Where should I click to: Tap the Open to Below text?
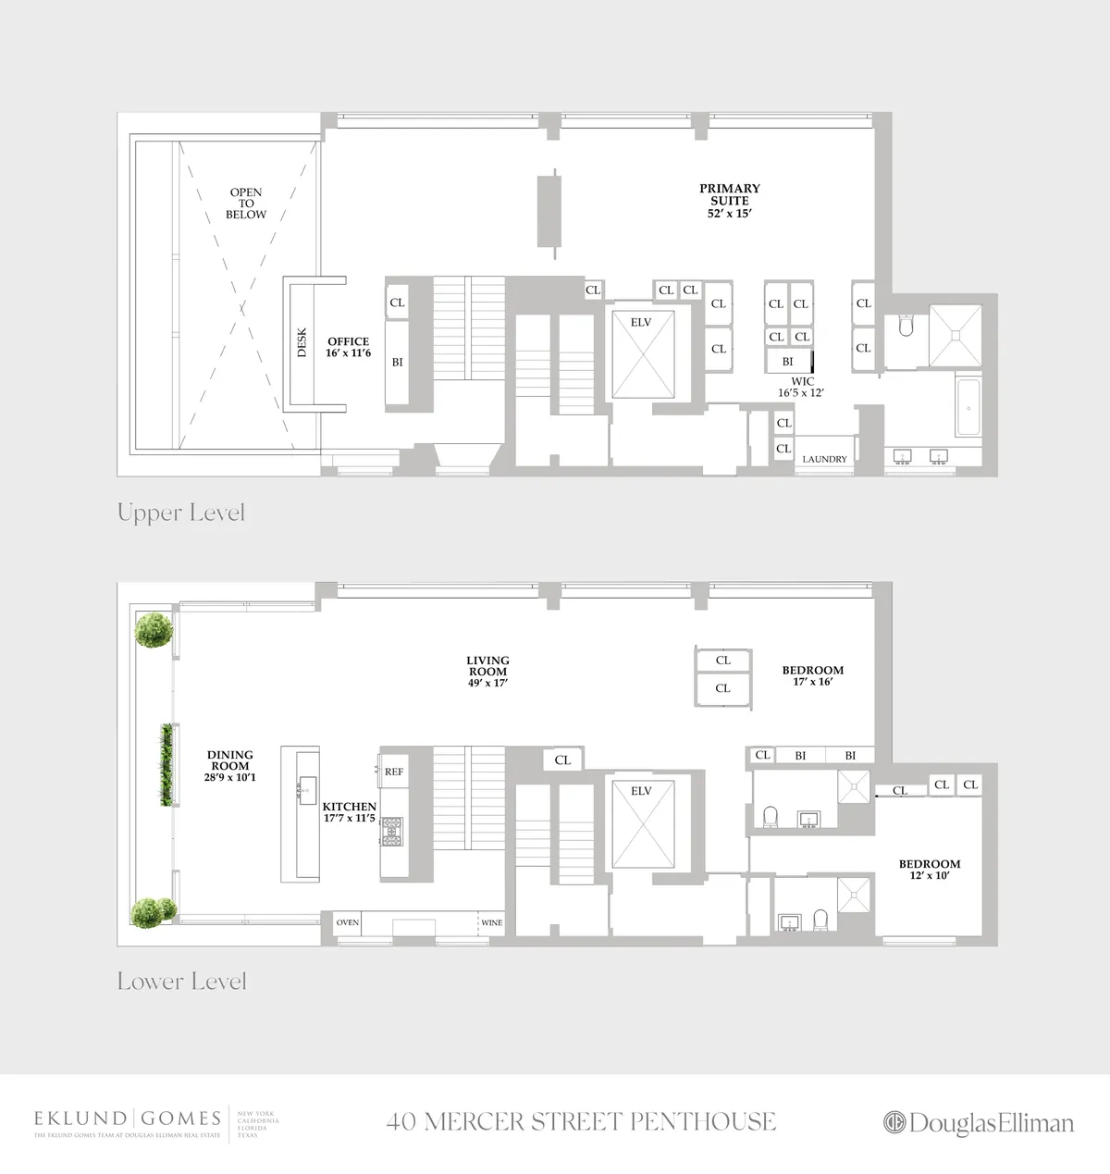[x=246, y=204]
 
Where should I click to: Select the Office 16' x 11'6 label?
[x=348, y=348]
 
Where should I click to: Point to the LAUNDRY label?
[x=824, y=459]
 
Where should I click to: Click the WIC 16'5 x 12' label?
[x=802, y=387]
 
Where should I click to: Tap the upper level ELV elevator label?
[x=641, y=322]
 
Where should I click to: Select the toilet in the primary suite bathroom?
[x=906, y=326]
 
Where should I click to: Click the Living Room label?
[x=487, y=672]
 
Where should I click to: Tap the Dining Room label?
[x=230, y=766]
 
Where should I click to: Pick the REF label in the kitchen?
[x=394, y=772]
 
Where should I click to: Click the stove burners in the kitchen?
[x=392, y=831]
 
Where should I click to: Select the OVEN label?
[x=348, y=922]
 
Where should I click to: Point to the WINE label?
[x=491, y=922]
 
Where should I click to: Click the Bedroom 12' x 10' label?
[x=930, y=870]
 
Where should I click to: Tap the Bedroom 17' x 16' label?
[x=813, y=676]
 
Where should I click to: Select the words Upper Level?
[x=181, y=513]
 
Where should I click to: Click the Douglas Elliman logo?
[x=979, y=1123]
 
